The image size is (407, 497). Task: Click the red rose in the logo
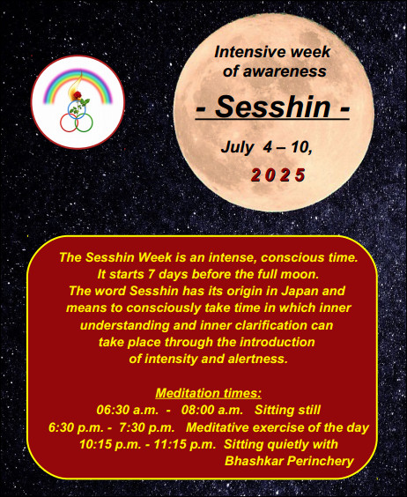(x=78, y=94)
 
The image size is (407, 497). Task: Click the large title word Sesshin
(x=272, y=107)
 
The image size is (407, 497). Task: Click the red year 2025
(x=278, y=175)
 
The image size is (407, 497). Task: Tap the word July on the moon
(x=238, y=147)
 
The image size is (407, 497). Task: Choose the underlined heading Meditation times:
(x=209, y=393)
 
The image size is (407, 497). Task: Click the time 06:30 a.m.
(x=128, y=410)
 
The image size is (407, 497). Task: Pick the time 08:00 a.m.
(x=212, y=410)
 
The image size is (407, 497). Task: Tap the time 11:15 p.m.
(x=185, y=444)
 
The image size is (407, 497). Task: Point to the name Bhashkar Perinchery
(x=289, y=461)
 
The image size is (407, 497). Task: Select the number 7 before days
(x=152, y=274)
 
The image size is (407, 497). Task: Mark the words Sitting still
(x=288, y=410)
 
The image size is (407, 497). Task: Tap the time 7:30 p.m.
(x=147, y=427)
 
